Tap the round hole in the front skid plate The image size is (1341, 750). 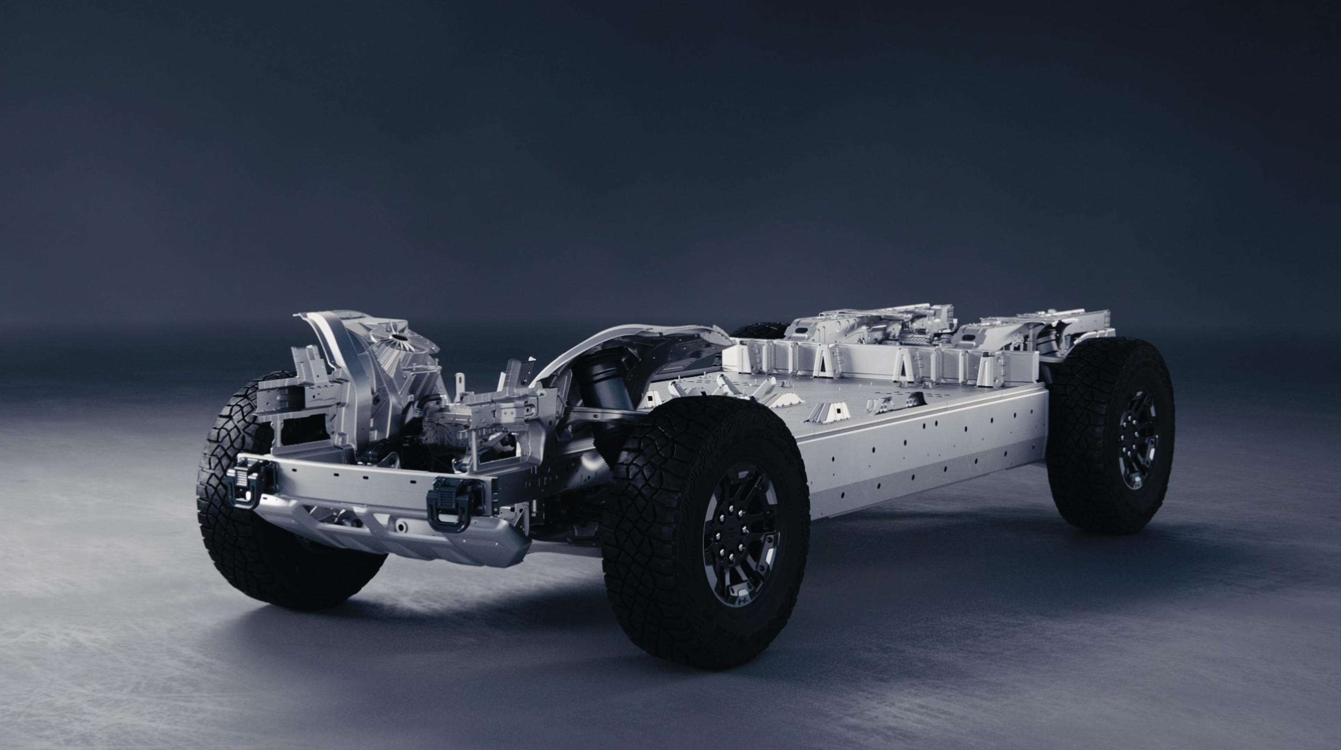(401, 527)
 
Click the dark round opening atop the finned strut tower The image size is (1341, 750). (399, 337)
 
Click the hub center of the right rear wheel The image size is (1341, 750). (1138, 440)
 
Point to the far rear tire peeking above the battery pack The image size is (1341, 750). (760, 329)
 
